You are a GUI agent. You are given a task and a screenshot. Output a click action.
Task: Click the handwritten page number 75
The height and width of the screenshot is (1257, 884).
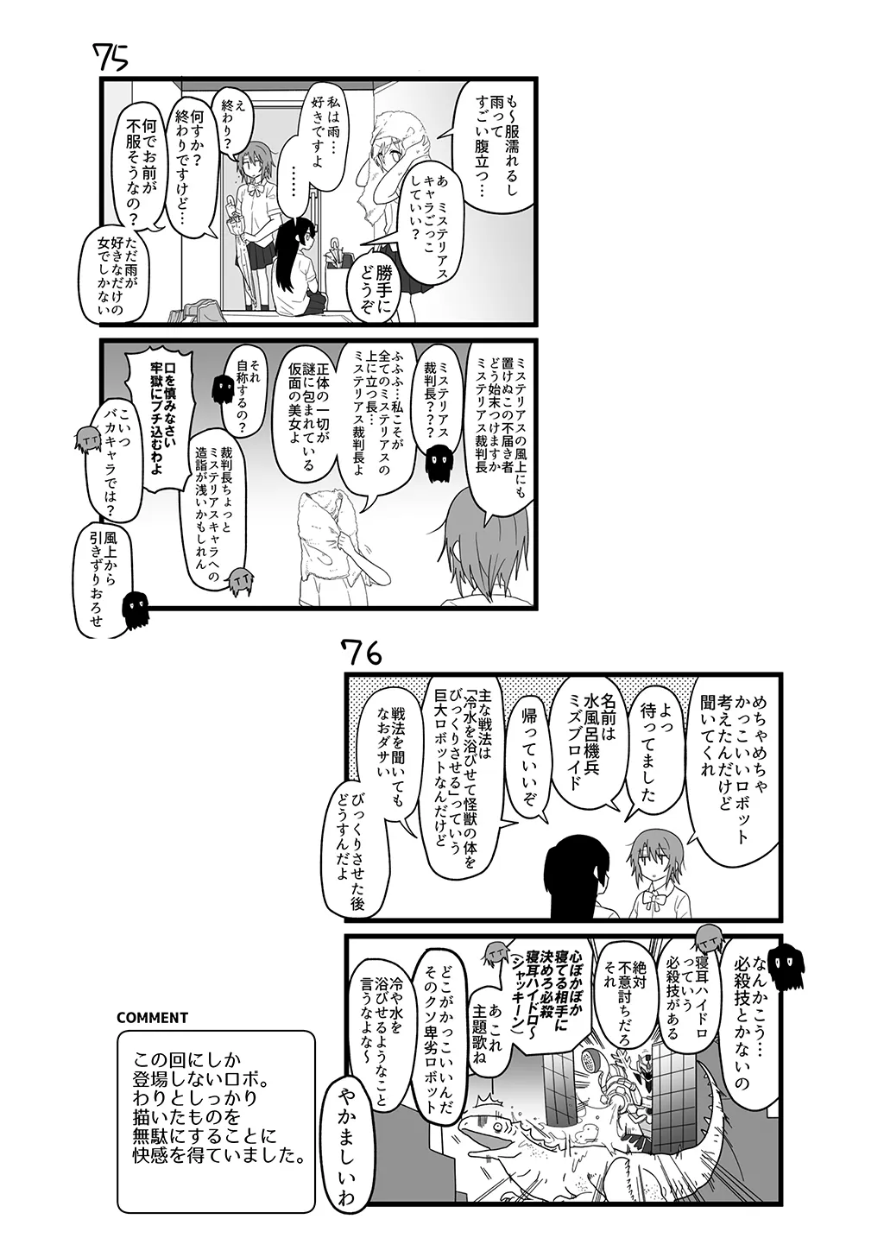point(111,58)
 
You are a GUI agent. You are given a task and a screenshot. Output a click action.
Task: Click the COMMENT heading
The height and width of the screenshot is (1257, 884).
point(152,1017)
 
